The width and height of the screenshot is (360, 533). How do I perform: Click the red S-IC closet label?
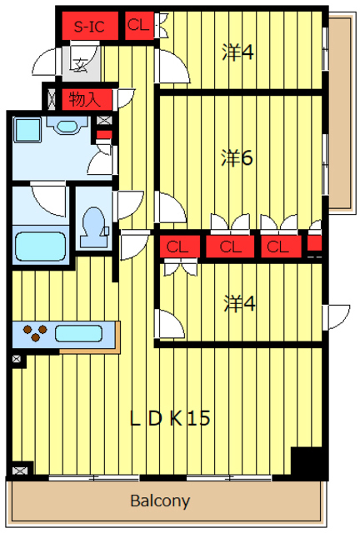point(88,27)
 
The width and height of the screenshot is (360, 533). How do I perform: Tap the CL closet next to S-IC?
point(137,26)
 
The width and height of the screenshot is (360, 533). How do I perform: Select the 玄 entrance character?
point(80,62)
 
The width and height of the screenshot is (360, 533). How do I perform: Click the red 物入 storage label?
point(84,99)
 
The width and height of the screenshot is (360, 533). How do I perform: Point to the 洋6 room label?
point(237,157)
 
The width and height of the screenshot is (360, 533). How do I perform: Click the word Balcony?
point(160,501)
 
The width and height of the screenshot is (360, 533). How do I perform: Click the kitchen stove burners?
point(35,333)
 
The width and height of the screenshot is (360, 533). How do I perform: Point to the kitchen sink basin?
point(79,334)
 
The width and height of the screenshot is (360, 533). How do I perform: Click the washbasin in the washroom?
point(62,125)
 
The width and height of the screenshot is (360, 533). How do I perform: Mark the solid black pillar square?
point(305,461)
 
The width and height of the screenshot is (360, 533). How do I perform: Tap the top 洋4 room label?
point(237,52)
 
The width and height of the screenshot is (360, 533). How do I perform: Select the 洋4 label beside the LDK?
point(239,303)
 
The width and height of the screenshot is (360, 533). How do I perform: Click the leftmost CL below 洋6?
point(176,247)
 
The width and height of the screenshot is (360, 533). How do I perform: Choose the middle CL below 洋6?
point(230,247)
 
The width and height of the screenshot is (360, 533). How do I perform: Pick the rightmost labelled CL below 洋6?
point(278,247)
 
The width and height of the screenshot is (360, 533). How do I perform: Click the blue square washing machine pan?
point(28,130)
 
